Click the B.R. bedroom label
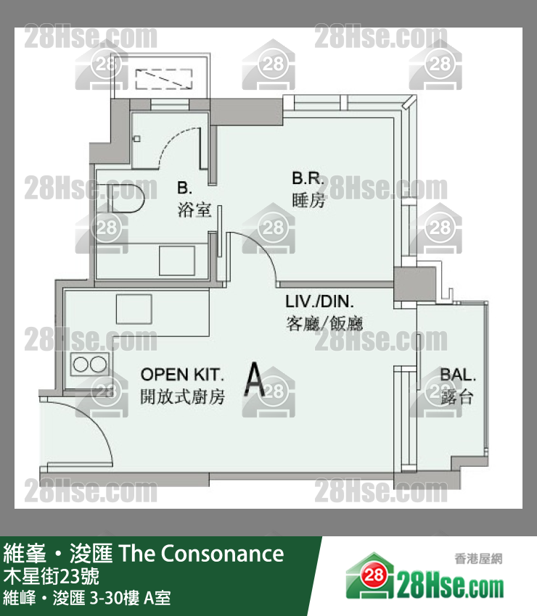[308, 178]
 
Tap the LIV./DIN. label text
[319, 301]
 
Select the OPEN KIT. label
[182, 375]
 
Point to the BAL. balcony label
[457, 375]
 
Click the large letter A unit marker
[255, 379]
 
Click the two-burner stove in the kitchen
[90, 365]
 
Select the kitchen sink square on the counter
[134, 309]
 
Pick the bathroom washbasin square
[177, 261]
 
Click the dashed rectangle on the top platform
[164, 79]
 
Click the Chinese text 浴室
[194, 209]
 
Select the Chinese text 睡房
[308, 200]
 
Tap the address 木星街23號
[51, 576]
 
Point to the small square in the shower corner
[137, 138]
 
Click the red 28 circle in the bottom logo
[373, 576]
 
